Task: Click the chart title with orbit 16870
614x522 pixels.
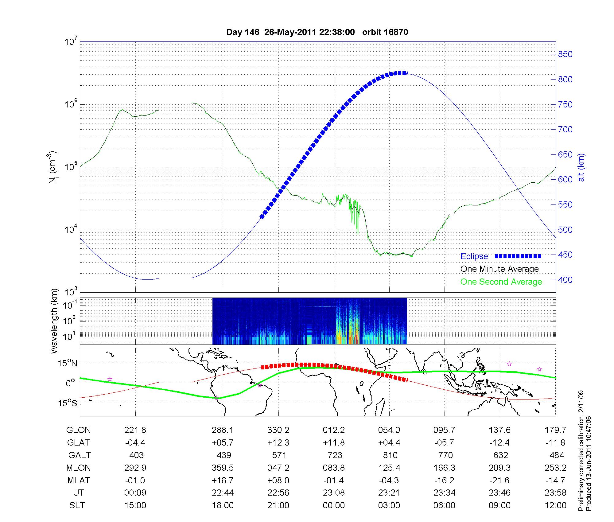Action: click(x=317, y=32)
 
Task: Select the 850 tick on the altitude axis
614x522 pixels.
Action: click(x=565, y=54)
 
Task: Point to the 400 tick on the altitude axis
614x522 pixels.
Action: click(x=565, y=280)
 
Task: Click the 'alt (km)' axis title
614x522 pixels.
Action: click(x=581, y=167)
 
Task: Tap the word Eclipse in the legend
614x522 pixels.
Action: click(x=474, y=256)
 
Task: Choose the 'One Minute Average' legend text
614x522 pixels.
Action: click(x=499, y=269)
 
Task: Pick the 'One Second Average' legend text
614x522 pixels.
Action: click(x=501, y=282)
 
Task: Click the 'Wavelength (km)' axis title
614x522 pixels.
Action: click(x=54, y=321)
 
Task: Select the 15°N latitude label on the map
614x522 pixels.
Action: click(x=66, y=364)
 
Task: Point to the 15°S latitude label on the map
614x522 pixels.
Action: click(x=66, y=403)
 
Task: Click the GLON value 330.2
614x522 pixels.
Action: click(x=278, y=430)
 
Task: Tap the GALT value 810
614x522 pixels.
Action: click(x=390, y=455)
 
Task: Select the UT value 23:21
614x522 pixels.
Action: click(x=389, y=493)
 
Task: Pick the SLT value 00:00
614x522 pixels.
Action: click(x=334, y=505)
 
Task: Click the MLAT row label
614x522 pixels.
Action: click(x=79, y=480)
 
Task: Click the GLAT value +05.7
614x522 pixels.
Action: click(x=223, y=443)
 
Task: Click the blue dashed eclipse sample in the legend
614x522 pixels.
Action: click(x=518, y=256)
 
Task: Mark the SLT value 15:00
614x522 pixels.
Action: click(x=135, y=505)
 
